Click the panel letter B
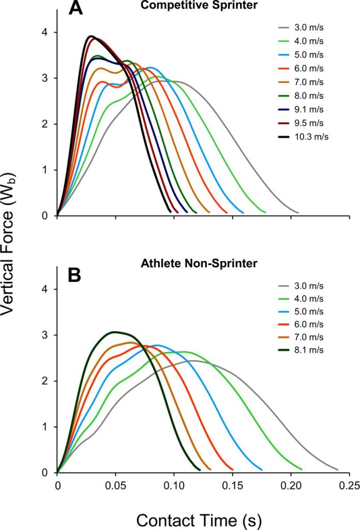tap(75, 275)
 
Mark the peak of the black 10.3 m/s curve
tap(91, 36)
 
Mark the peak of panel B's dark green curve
tap(115, 332)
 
